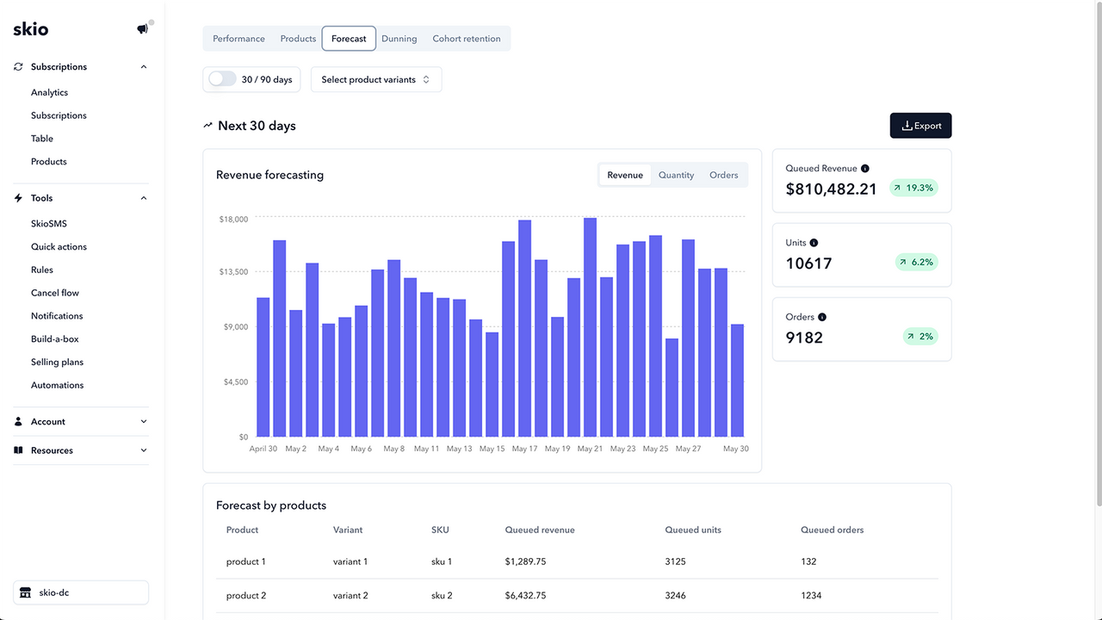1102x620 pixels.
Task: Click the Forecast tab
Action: point(349,39)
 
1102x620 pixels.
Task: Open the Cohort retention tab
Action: point(466,39)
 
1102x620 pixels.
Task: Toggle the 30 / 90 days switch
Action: point(222,79)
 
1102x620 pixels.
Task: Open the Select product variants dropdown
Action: point(376,79)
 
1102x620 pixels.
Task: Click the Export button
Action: point(920,126)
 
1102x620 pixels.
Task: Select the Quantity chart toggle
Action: point(676,175)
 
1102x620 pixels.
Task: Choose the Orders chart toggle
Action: point(723,175)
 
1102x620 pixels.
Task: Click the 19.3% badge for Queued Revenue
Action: point(913,188)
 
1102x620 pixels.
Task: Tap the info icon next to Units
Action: point(814,243)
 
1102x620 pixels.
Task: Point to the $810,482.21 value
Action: point(831,189)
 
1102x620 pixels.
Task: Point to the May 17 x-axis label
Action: point(524,449)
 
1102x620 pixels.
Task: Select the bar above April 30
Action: point(263,367)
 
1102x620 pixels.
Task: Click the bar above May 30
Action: point(737,380)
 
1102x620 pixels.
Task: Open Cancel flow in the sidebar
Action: point(55,293)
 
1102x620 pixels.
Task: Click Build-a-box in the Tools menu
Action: point(55,339)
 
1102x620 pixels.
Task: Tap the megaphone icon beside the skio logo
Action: point(142,29)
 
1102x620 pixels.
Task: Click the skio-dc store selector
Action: point(81,592)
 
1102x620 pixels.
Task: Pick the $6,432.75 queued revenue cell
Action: point(525,595)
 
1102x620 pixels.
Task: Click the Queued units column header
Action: point(693,530)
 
